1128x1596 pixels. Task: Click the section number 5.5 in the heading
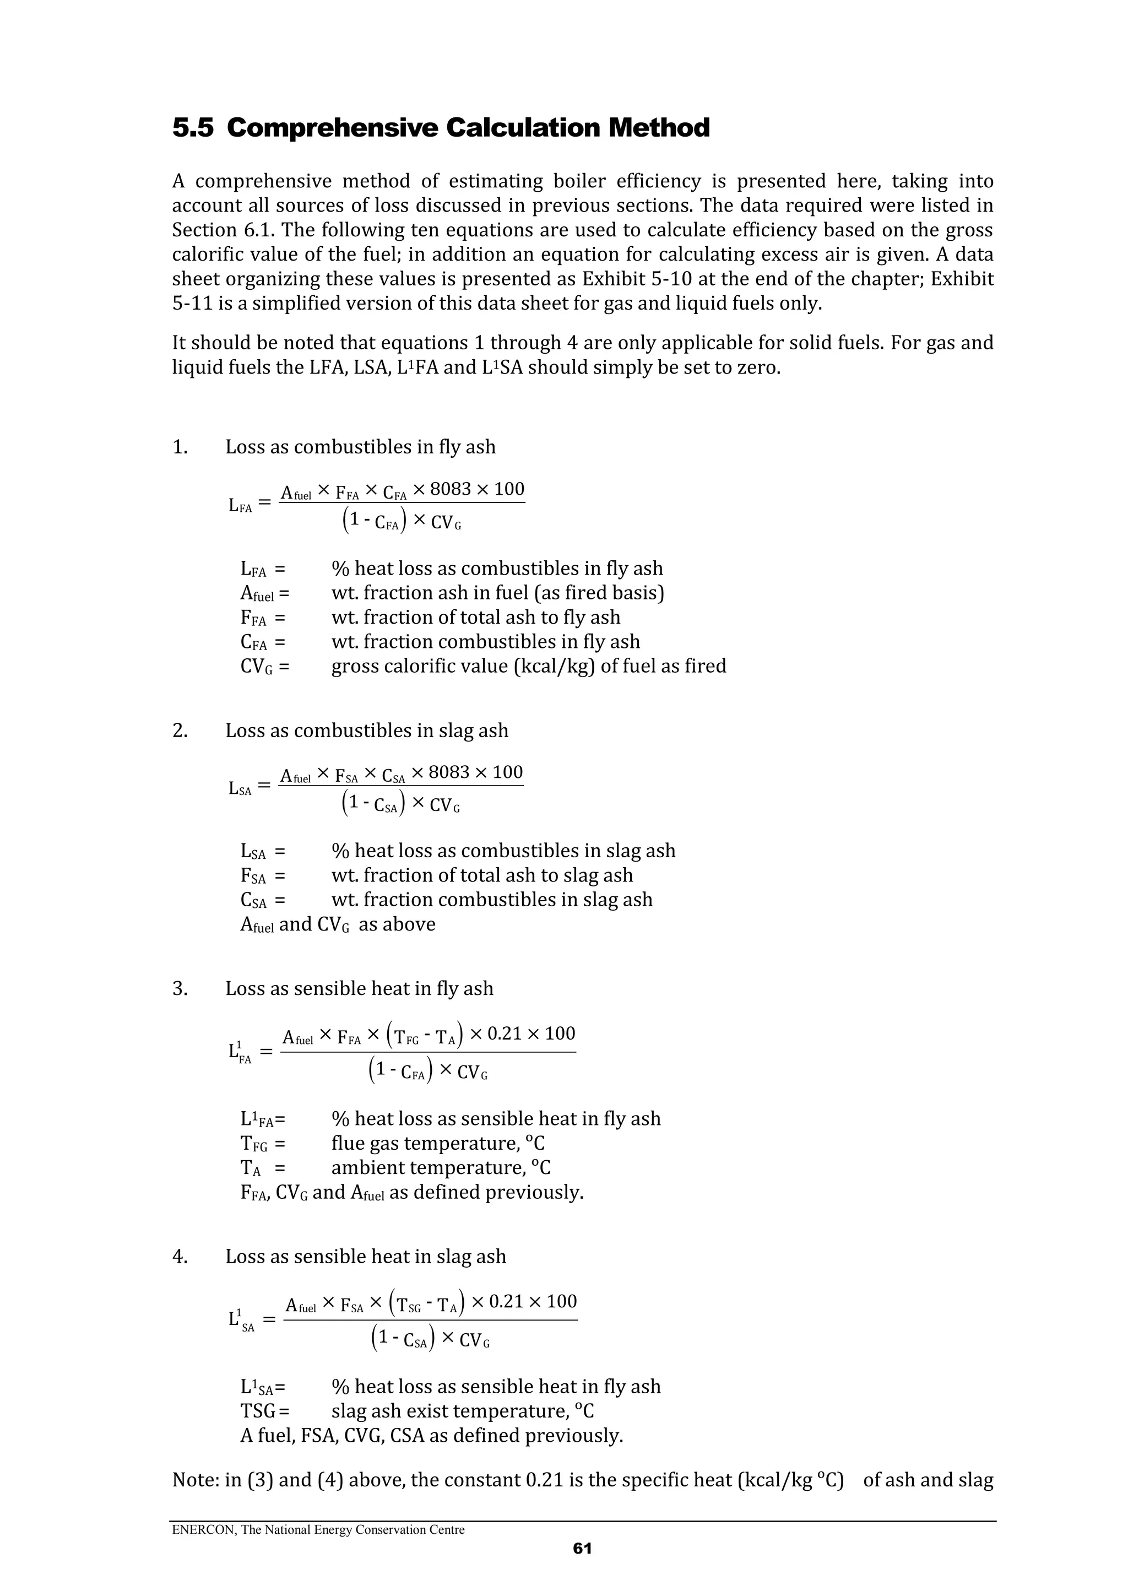[193, 128]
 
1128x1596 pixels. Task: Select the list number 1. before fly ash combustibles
[180, 447]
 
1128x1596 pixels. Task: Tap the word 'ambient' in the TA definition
[367, 1168]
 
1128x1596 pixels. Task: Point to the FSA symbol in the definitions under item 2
[253, 876]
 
